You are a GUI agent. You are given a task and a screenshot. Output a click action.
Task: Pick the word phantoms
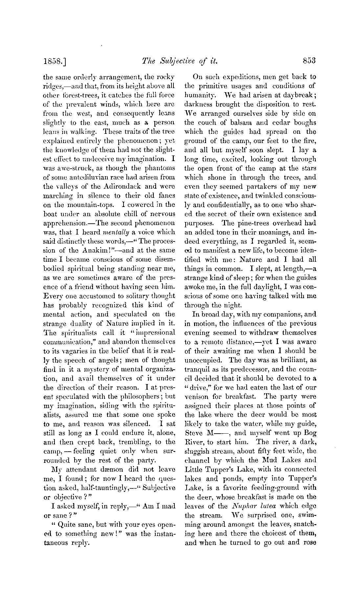click(x=160, y=168)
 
